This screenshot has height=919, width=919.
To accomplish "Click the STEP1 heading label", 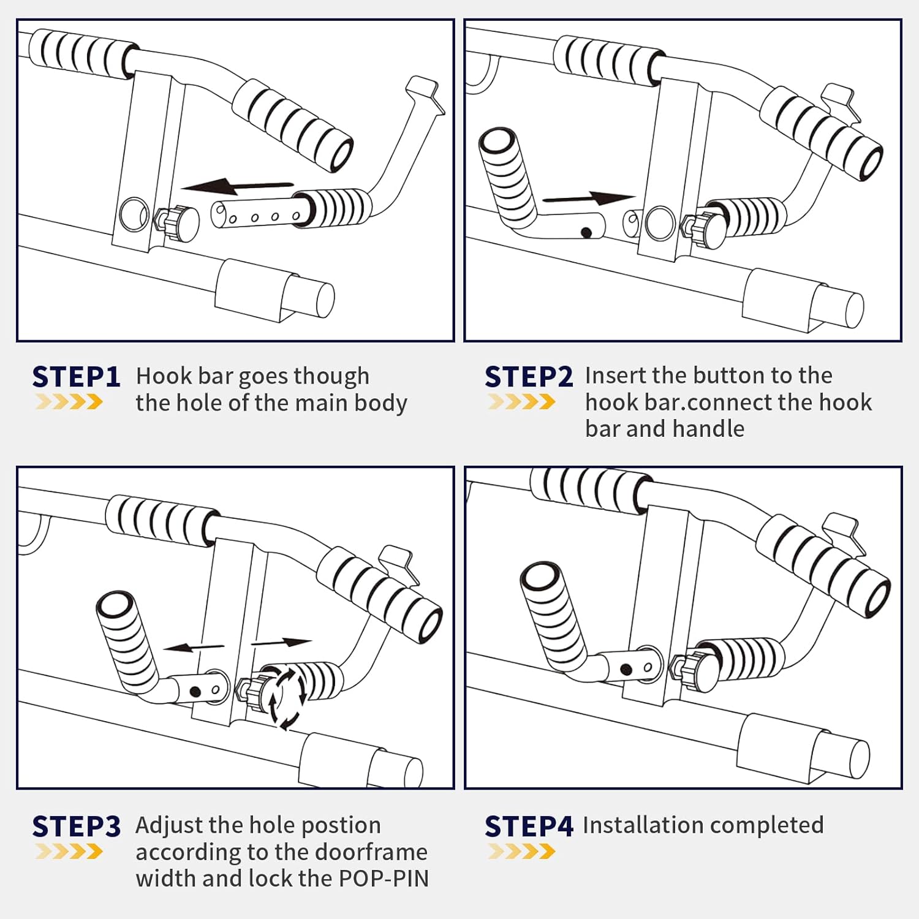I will pos(76,377).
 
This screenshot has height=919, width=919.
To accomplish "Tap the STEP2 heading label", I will pos(529,377).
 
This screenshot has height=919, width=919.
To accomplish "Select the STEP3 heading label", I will pos(76,826).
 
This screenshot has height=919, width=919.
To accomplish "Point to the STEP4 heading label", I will pos(529,826).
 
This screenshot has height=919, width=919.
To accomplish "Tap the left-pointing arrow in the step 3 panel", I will pos(194,647).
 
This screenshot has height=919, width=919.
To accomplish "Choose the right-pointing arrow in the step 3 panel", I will pos(282,642).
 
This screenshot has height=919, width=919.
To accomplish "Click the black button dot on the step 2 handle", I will pos(586,233).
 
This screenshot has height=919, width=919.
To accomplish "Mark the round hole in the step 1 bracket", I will pos(134,214).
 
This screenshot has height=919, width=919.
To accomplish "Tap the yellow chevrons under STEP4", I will pos(521,852).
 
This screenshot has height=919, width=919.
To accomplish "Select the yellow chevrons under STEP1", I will pos(69,402).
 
